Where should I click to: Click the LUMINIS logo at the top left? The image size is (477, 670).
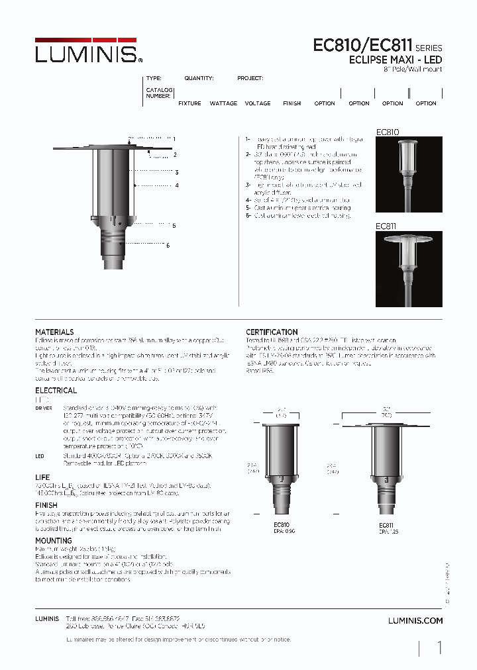(x=87, y=53)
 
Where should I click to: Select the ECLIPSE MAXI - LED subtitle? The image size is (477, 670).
(x=396, y=60)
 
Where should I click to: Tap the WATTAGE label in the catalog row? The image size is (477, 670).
(x=223, y=103)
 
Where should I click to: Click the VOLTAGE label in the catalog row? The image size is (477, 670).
(x=258, y=103)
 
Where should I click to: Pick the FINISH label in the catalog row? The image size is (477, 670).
(x=291, y=103)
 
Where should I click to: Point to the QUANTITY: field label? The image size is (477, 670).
(x=199, y=78)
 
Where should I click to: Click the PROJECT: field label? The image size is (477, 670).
(x=250, y=78)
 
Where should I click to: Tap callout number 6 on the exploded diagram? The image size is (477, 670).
(x=168, y=246)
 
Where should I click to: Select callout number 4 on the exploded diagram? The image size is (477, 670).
(x=177, y=186)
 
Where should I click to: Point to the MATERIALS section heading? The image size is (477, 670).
(x=54, y=332)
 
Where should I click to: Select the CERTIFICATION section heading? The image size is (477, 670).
(x=272, y=332)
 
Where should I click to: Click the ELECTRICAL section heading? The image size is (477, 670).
(x=56, y=391)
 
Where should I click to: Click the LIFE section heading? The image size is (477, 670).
(x=42, y=477)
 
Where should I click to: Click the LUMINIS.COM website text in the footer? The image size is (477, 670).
(x=415, y=620)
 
